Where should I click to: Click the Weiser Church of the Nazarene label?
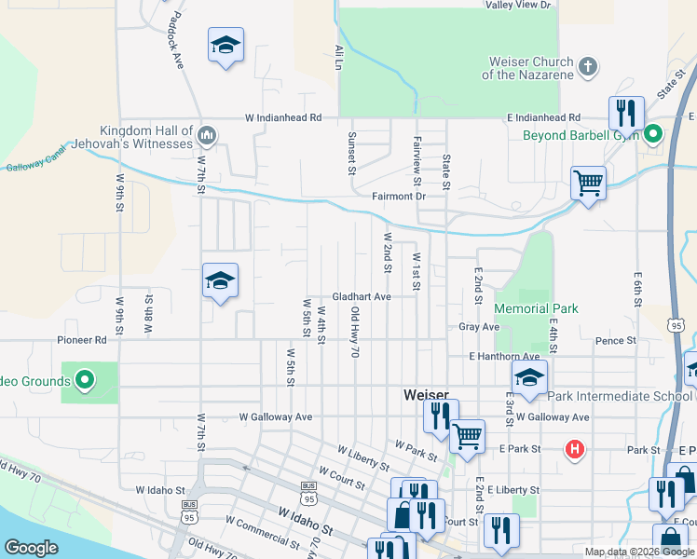(x=529, y=68)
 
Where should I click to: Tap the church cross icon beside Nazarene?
(x=587, y=66)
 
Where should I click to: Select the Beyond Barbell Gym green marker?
(x=653, y=135)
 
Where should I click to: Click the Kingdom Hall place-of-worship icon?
(x=207, y=137)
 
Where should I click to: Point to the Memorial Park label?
(x=536, y=308)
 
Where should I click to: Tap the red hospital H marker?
(x=575, y=450)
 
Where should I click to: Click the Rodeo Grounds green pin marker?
(x=85, y=380)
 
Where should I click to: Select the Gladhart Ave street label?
(x=361, y=296)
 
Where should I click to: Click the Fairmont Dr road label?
(x=398, y=197)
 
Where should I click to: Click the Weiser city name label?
(x=427, y=395)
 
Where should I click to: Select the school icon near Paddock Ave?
(x=225, y=46)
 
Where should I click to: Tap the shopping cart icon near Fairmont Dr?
(x=588, y=182)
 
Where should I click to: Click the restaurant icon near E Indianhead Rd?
(x=625, y=113)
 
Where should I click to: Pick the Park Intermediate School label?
(x=619, y=396)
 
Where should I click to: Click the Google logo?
(x=31, y=548)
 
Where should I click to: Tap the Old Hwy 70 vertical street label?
(x=354, y=333)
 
